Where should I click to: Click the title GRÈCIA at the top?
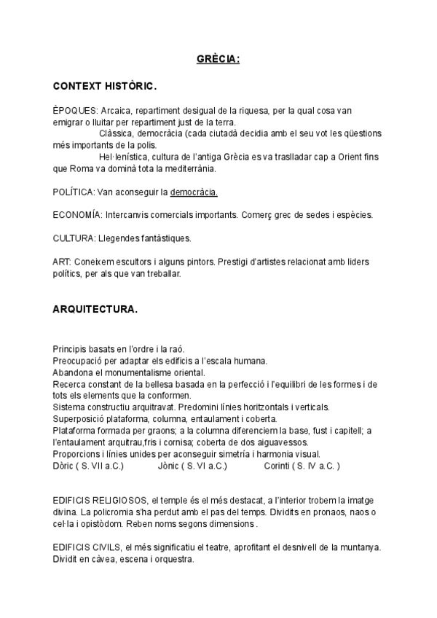click(218, 59)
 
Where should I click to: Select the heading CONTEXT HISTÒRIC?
click(104, 86)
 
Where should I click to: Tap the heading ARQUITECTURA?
click(95, 309)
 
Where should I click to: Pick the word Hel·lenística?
click(122, 157)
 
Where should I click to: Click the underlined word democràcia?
click(193, 192)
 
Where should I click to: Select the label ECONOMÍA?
click(78, 216)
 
